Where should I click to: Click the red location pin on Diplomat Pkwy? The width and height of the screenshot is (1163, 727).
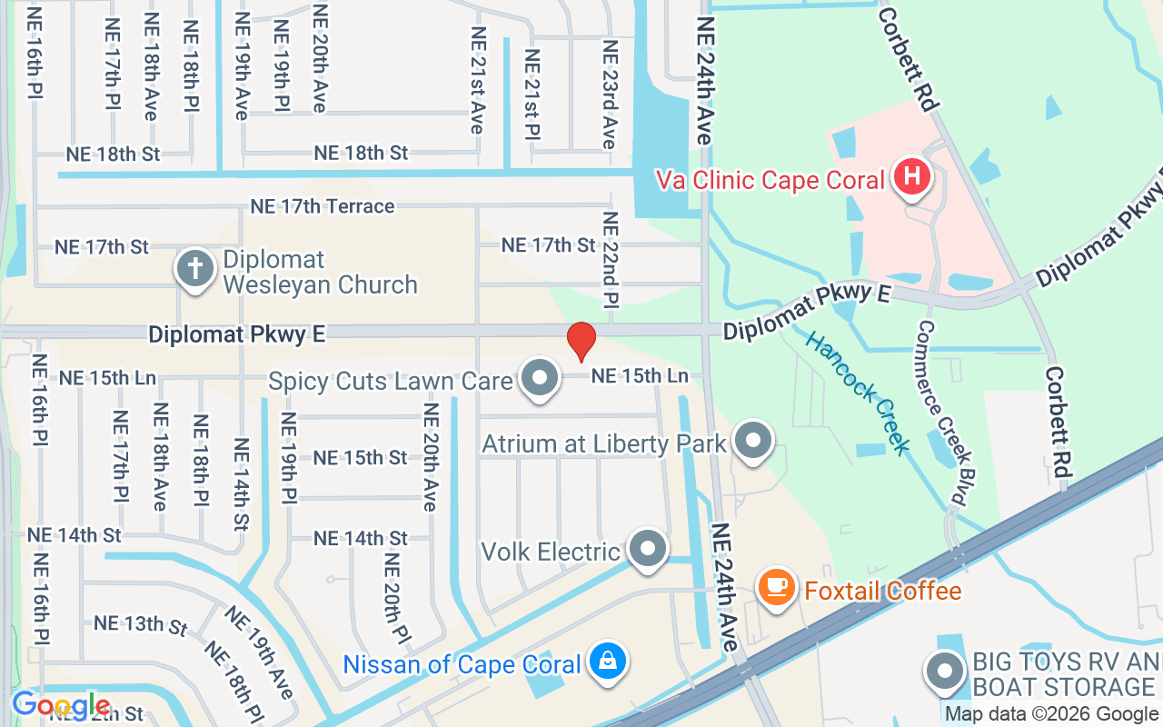(x=581, y=341)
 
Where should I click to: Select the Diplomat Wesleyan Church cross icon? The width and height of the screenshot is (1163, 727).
(x=194, y=269)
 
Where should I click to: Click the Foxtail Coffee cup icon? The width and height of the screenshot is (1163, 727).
(x=776, y=584)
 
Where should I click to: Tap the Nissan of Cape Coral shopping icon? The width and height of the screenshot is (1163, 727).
(x=606, y=661)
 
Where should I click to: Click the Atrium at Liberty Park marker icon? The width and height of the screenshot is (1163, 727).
(x=752, y=441)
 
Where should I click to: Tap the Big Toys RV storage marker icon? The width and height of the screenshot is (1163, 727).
(x=945, y=672)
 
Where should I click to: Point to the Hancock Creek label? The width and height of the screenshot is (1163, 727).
(x=858, y=393)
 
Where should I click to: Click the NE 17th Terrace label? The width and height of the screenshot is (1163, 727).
(x=323, y=206)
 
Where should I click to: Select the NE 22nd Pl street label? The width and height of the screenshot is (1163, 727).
(x=610, y=259)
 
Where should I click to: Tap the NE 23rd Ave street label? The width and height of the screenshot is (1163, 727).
(x=609, y=95)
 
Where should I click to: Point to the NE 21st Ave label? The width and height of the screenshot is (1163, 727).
(x=477, y=80)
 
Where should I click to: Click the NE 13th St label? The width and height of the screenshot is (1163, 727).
(x=141, y=623)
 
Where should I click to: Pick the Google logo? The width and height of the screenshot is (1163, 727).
(x=61, y=705)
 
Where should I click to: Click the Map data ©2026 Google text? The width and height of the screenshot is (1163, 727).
(x=1051, y=714)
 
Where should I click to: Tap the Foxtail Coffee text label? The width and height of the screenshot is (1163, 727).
(x=882, y=591)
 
